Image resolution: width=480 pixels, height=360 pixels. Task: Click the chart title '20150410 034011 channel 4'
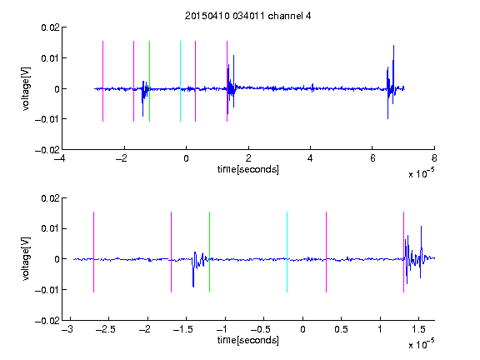[x=248, y=16]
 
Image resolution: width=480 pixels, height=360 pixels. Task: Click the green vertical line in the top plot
[x=149, y=81]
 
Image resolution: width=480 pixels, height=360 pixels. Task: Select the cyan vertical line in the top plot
[x=180, y=81]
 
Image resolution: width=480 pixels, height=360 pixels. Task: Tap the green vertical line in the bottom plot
[x=209, y=252]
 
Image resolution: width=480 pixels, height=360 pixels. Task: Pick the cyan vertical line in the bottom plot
[x=287, y=252]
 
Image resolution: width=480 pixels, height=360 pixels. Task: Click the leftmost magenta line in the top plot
[x=102, y=81]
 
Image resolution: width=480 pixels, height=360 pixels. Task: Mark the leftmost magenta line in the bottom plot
[x=93, y=252]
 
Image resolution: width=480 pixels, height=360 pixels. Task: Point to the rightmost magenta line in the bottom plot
[x=403, y=252]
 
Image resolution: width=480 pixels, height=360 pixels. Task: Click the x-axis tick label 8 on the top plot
[x=434, y=158]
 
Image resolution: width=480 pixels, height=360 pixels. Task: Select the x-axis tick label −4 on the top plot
[x=59, y=158]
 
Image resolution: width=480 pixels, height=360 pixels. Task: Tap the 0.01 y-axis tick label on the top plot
[x=50, y=58]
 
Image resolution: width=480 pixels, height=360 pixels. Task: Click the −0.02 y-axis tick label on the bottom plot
[x=47, y=321]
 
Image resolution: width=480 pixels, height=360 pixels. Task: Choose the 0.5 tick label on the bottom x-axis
[x=341, y=329]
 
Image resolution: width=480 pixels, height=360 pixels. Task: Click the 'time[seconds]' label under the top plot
[x=248, y=169]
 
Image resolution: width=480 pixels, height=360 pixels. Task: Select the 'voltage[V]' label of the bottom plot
[x=26, y=258]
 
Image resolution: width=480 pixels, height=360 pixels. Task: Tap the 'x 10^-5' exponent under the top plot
[x=421, y=173]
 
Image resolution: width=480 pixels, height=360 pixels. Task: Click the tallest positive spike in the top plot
[x=393, y=46]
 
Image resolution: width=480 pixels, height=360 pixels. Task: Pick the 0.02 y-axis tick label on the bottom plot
[x=50, y=198]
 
